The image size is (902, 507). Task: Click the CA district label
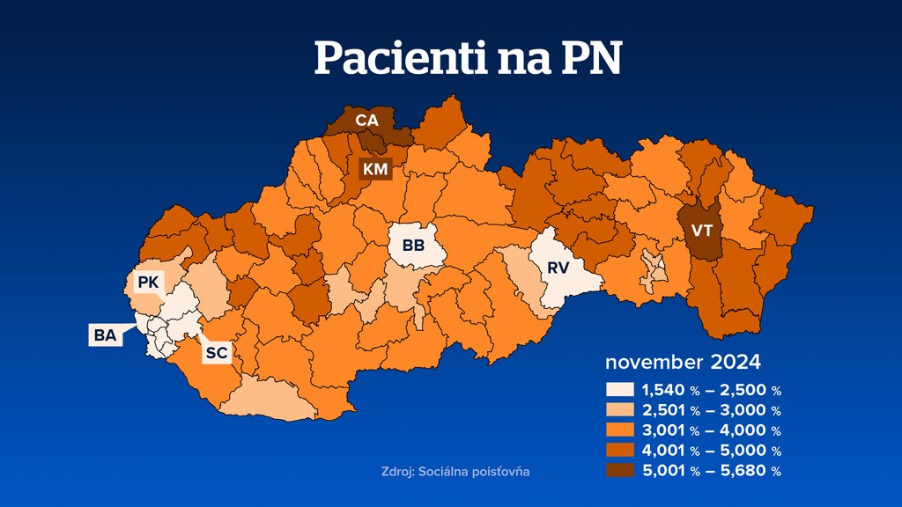367,120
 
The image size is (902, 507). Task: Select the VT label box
702,231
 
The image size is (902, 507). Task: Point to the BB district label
413,246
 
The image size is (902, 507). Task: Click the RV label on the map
558,267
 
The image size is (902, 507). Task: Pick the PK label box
147,283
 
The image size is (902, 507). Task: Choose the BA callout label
105,335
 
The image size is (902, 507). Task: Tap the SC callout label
217,353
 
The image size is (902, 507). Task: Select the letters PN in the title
589,59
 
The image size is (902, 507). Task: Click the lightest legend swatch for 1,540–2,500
620,390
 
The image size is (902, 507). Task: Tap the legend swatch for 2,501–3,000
620,410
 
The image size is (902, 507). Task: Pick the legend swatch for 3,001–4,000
620,430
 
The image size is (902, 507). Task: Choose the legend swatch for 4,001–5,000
620,451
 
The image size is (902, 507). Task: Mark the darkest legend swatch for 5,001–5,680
620,471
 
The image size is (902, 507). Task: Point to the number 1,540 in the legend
662,390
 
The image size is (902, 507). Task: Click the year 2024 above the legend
732,363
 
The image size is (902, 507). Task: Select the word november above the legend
652,363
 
